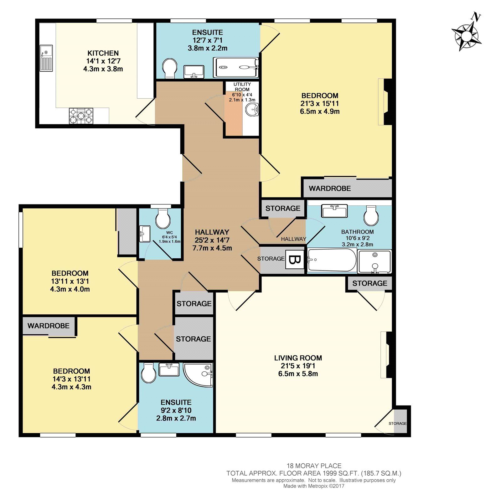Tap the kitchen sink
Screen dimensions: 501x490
[46, 59]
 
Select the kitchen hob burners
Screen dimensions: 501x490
[81, 116]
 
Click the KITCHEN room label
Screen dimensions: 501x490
[103, 53]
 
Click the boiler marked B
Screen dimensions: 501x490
[294, 260]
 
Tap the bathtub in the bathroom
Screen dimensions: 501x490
[332, 260]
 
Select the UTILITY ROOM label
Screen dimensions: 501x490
[242, 87]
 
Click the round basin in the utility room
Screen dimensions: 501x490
[252, 109]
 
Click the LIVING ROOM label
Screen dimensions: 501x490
[298, 358]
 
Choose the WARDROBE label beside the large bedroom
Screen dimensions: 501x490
[330, 188]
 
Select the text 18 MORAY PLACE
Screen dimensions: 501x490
[314, 466]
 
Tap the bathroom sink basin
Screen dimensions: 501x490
[334, 211]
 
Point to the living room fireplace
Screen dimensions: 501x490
[386, 355]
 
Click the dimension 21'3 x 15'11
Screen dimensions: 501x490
[320, 103]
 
